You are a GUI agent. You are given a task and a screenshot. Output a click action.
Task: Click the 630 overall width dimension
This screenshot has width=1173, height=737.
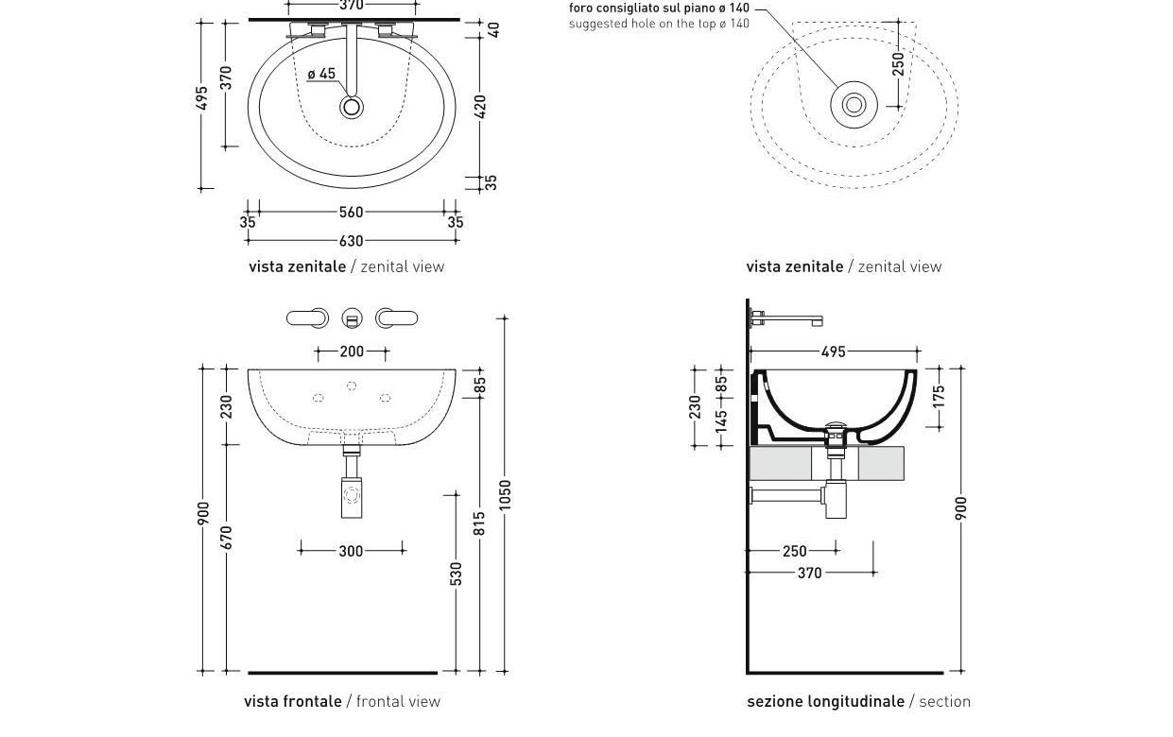[x=351, y=241]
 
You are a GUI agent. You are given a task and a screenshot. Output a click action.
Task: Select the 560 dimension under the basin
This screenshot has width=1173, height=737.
[x=351, y=213]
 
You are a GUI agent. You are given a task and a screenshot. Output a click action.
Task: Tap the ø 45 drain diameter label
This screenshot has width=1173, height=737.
[x=321, y=74]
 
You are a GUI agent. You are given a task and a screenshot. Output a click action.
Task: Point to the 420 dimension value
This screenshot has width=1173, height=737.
[x=480, y=106]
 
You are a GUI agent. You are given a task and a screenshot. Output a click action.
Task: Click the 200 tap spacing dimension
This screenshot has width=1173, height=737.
[x=352, y=351]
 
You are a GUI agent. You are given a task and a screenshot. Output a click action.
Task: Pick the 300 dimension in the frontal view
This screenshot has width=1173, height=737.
[x=351, y=551]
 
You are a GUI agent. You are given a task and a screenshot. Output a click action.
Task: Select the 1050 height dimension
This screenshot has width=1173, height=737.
[x=505, y=494]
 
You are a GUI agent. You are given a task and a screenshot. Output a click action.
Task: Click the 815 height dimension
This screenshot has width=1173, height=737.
[x=480, y=523]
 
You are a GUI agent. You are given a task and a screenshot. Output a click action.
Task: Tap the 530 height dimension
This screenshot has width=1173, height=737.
[x=457, y=574]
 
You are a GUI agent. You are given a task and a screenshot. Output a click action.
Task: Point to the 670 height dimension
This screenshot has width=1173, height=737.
[x=226, y=538]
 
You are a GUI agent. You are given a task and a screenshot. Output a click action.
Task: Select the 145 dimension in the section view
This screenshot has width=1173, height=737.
[x=722, y=421]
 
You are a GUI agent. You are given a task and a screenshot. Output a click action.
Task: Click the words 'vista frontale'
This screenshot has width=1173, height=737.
[x=293, y=701]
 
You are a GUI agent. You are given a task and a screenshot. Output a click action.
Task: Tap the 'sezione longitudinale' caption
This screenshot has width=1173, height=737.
[x=825, y=701]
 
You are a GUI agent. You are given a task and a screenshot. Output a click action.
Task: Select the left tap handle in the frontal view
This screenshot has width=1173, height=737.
[x=307, y=318]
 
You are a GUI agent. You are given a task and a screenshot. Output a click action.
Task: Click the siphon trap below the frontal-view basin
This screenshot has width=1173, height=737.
[x=352, y=495]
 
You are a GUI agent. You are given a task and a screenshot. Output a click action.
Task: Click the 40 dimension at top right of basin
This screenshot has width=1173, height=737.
[x=493, y=30]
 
